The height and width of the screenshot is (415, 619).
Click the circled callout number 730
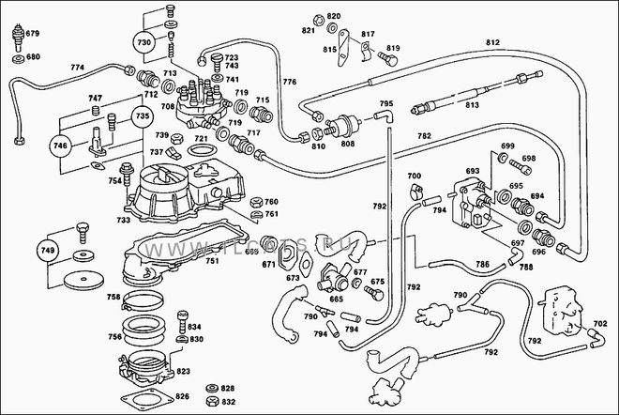pyautogui.click(x=143, y=43)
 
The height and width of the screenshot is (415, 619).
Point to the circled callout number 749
pyautogui.click(x=48, y=251)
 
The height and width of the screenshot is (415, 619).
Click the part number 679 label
pyautogui.click(x=32, y=34)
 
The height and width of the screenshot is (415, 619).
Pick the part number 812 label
pyautogui.click(x=493, y=43)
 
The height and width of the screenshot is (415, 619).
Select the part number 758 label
pyautogui.click(x=113, y=297)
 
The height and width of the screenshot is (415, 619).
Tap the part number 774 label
pyautogui.click(x=77, y=68)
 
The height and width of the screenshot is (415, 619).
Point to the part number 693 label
pyautogui.click(x=472, y=172)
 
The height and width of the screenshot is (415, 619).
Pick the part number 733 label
pyautogui.click(x=124, y=220)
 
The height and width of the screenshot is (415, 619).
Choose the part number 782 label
pyautogui.click(x=424, y=137)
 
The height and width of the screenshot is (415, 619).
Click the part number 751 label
pyautogui.click(x=213, y=262)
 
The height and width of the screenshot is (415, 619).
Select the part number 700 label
pyautogui.click(x=414, y=177)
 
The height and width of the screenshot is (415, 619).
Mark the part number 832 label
pyautogui.click(x=228, y=401)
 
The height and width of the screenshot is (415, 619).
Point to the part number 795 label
pyautogui.click(x=385, y=103)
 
